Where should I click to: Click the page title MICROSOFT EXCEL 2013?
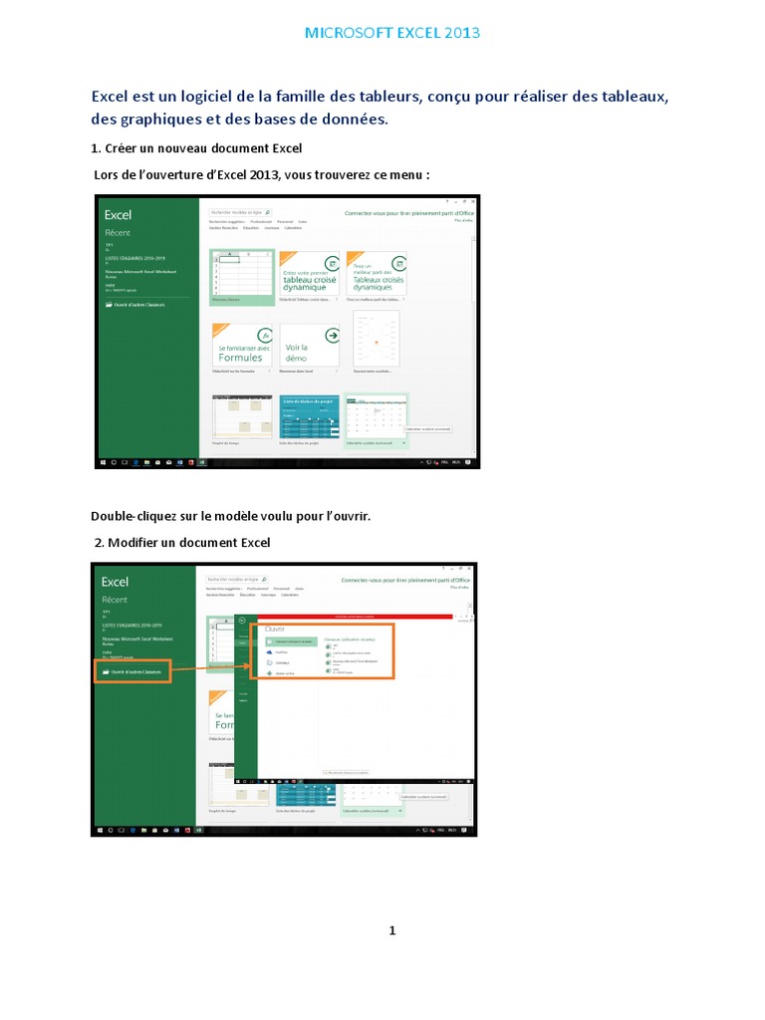click(x=391, y=33)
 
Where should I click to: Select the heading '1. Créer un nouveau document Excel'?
click(x=196, y=149)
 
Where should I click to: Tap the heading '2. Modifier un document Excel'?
click(x=180, y=542)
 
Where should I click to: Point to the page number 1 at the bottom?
click(x=392, y=930)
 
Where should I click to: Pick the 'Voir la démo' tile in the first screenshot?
click(x=309, y=346)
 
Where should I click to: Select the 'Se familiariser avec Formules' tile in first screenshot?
click(x=241, y=346)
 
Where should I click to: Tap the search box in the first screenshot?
click(x=239, y=212)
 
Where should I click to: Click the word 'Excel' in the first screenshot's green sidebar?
click(x=118, y=214)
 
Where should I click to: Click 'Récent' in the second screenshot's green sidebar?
click(x=115, y=600)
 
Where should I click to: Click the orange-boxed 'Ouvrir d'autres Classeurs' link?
click(x=133, y=673)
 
